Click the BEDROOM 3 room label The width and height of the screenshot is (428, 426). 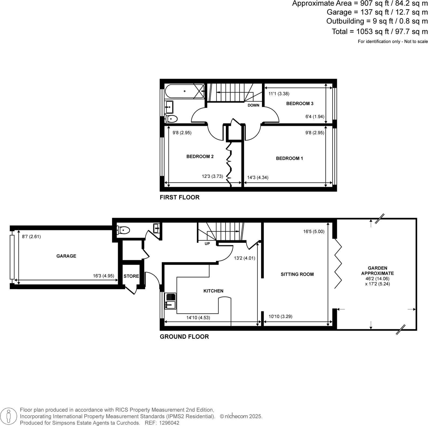point(299,104)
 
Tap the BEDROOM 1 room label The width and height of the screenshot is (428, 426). point(289,159)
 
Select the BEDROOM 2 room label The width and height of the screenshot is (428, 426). point(200,157)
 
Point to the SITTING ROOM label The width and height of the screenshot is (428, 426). point(297,274)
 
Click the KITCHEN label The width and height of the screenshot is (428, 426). point(213,291)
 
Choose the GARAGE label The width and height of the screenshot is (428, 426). point(66,256)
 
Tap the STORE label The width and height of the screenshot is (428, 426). point(131,276)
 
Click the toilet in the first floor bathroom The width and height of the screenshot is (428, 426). point(171,118)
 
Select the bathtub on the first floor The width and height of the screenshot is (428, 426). point(184,91)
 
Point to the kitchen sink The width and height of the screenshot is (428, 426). point(170,301)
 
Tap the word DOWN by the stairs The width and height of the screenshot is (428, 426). point(253,105)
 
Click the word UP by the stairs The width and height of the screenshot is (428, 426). point(207,244)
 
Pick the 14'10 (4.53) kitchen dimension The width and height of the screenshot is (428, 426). point(198,318)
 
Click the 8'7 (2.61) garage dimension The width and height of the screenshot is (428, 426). point(31,237)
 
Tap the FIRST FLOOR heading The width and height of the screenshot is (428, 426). point(180,197)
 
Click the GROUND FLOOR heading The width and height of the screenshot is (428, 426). point(184,337)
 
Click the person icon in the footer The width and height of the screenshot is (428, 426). point(9,416)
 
